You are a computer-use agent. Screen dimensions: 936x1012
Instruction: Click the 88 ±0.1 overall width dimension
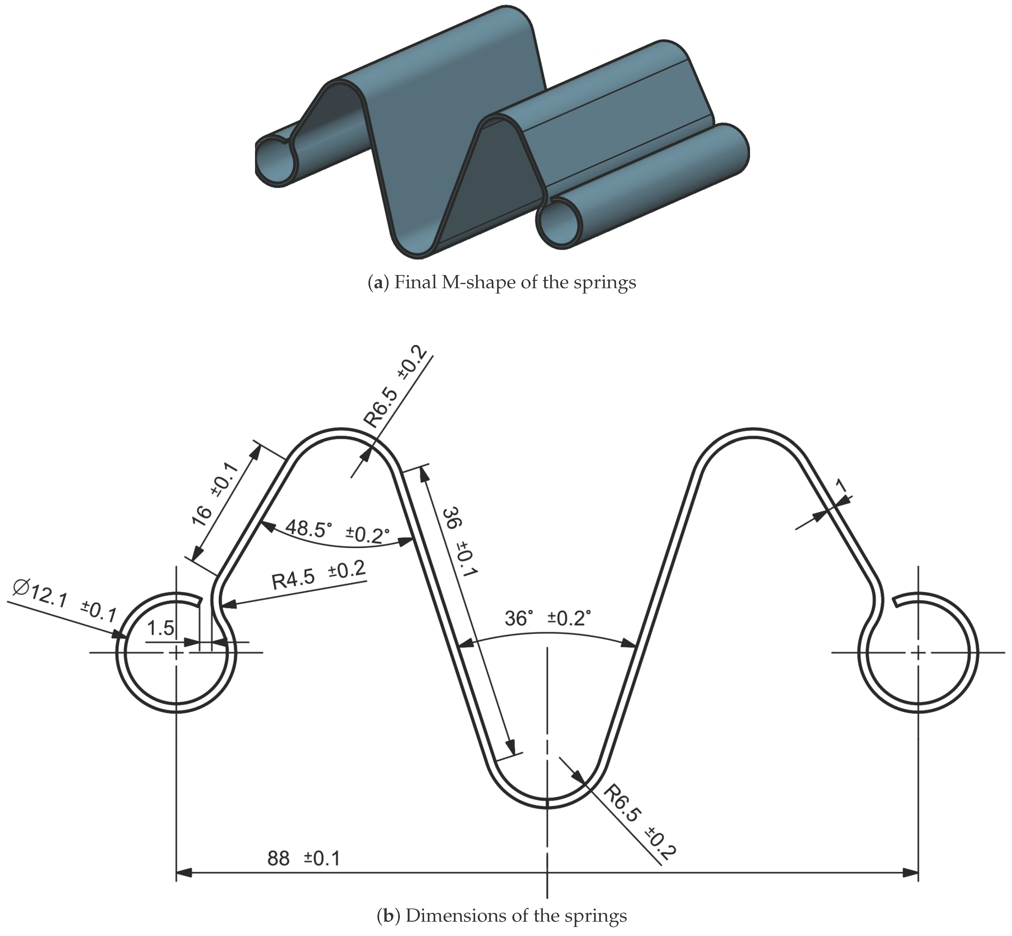[x=304, y=858]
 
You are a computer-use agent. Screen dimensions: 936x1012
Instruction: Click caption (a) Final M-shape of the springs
[x=501, y=282]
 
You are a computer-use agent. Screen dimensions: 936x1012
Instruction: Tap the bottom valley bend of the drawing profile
[x=547, y=803]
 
